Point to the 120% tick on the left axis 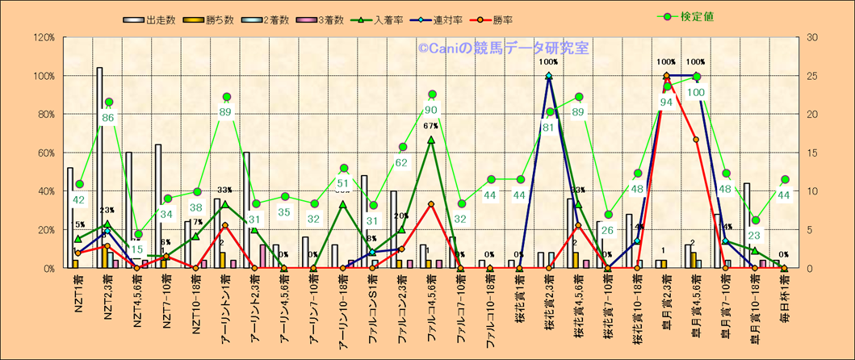tap(43, 37)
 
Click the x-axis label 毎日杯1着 tap(784, 301)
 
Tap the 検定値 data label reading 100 tap(696, 92)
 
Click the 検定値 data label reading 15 tap(138, 249)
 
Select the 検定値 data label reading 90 tap(431, 110)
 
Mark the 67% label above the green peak tap(430, 126)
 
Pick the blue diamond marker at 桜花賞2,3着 tap(549, 77)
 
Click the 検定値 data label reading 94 tap(666, 102)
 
